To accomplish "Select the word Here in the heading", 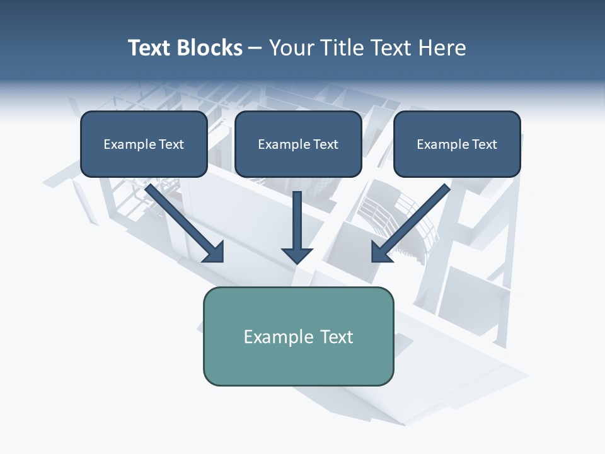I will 442,48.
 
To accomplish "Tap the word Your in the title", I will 291,48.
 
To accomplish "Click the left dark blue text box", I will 144,144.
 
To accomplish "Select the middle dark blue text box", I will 298,144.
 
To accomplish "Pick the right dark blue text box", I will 457,144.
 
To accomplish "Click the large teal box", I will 298,336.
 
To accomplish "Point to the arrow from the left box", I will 183,221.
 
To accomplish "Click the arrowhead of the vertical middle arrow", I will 297,255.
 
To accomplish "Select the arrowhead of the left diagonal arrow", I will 214,252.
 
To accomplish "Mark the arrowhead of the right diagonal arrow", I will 381,252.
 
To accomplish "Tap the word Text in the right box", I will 485,144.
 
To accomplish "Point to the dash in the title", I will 255,49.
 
